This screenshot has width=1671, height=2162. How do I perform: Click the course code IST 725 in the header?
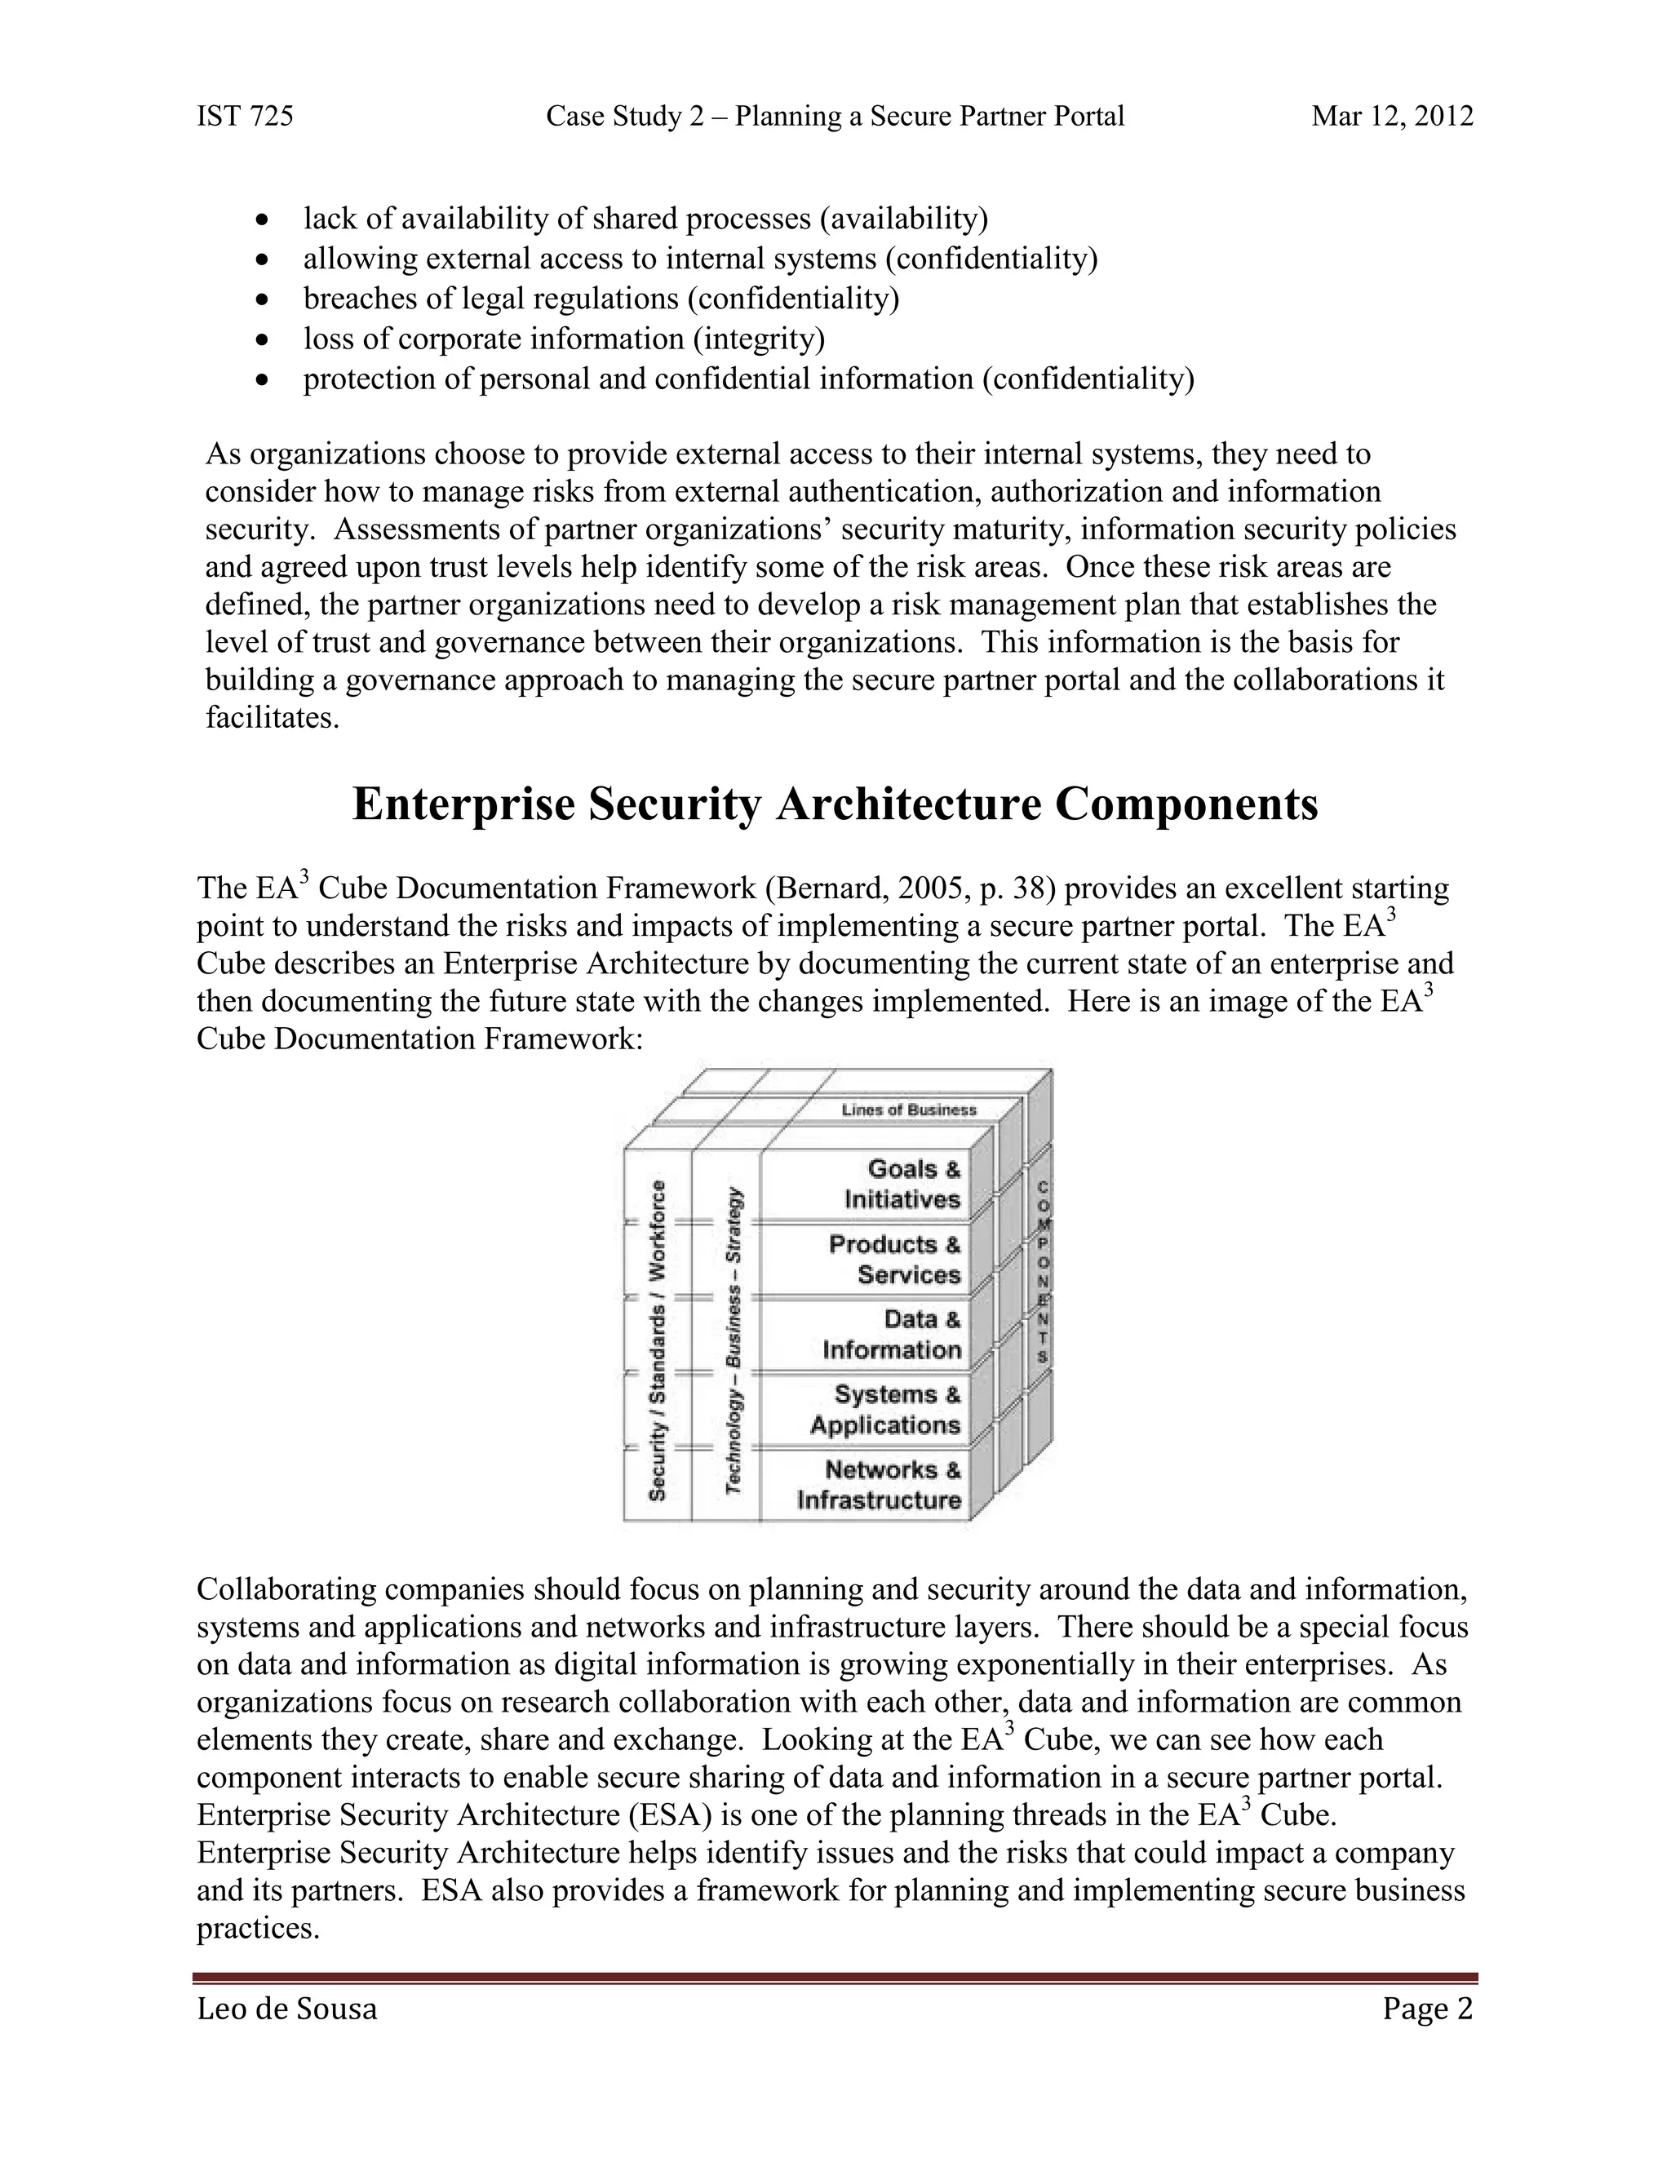(245, 117)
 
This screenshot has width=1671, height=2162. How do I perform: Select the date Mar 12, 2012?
(1392, 117)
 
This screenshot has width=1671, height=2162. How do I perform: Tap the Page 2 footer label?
(1428, 2009)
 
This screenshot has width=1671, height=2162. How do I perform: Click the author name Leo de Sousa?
(287, 2009)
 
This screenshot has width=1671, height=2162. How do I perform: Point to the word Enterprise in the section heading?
(463, 804)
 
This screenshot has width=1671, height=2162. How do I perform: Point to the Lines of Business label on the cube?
(909, 1110)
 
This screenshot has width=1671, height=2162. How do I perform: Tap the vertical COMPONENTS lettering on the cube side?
(1044, 1272)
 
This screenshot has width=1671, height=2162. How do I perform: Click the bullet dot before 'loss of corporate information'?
(263, 339)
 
